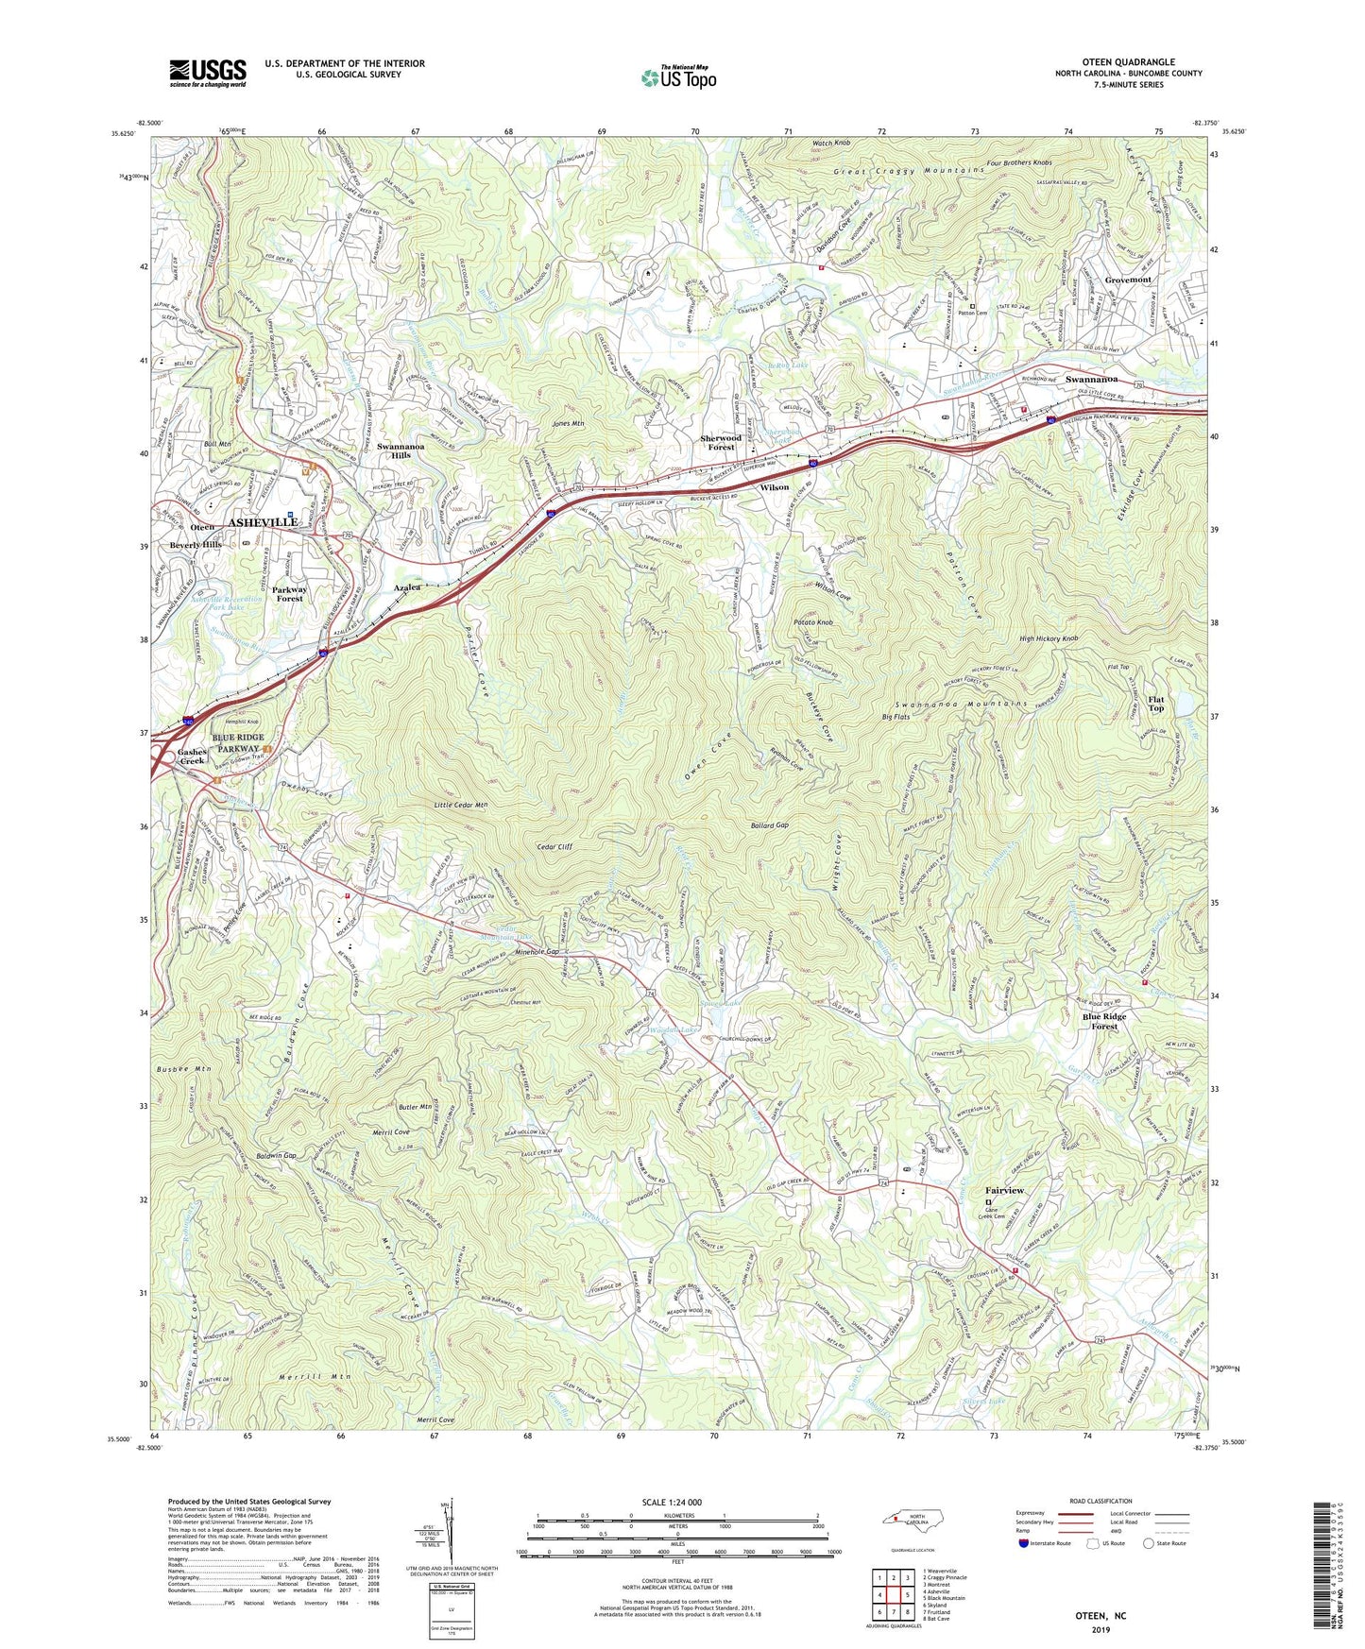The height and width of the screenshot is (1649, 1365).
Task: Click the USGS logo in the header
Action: (x=207, y=73)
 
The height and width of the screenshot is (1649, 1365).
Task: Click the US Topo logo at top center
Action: (x=677, y=77)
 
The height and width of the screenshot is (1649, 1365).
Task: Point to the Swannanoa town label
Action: (x=1092, y=379)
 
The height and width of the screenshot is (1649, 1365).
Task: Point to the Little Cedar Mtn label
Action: (x=460, y=805)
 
